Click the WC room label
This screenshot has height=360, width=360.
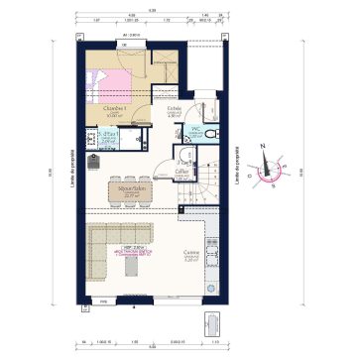[197, 129]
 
